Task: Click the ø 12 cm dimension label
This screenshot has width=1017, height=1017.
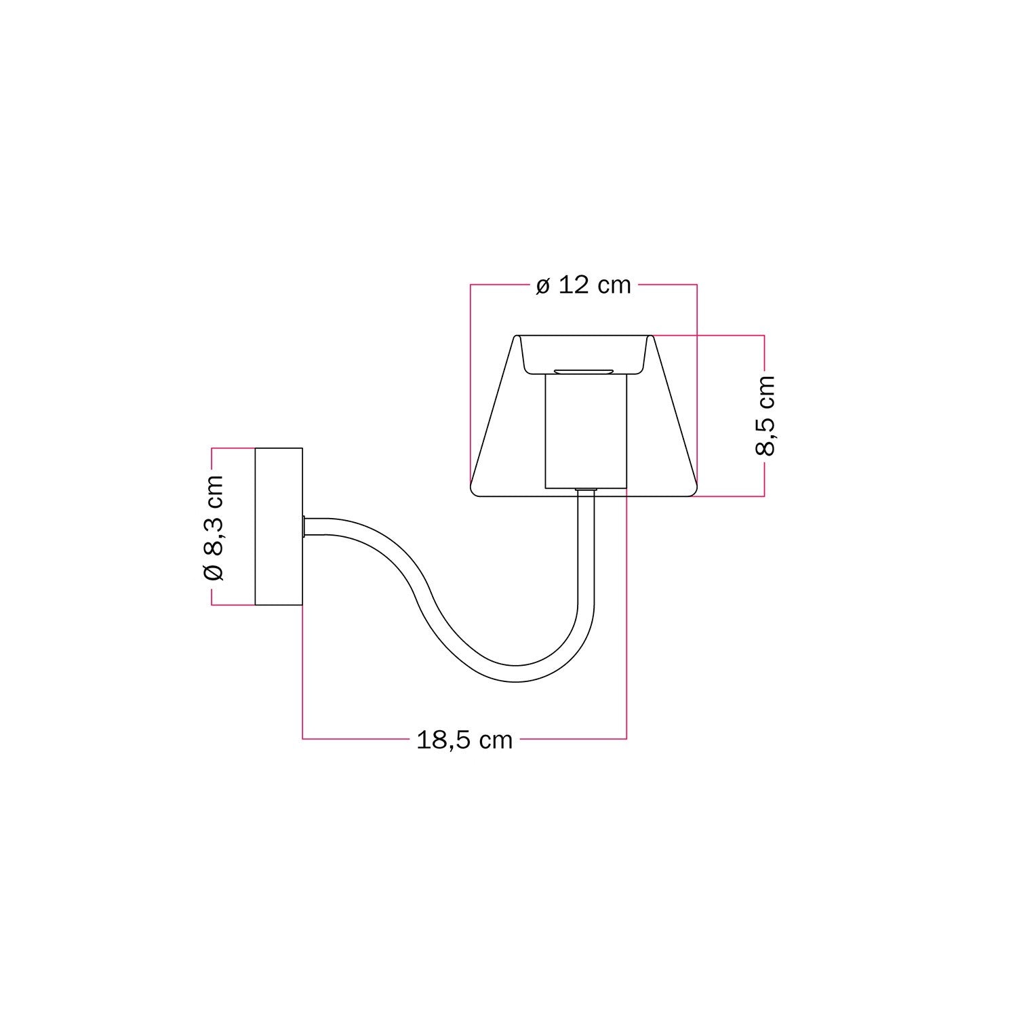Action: click(x=583, y=285)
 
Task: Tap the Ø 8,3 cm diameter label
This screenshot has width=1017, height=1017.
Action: click(x=213, y=527)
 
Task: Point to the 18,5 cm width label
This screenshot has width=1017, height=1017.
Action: click(x=464, y=740)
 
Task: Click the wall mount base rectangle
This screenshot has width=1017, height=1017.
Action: click(x=278, y=526)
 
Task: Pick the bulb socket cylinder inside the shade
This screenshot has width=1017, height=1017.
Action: click(x=586, y=432)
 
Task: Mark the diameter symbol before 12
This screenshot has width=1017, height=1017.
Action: click(x=542, y=286)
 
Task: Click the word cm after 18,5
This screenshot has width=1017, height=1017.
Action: click(x=496, y=740)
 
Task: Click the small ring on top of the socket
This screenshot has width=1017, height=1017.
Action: click(x=584, y=371)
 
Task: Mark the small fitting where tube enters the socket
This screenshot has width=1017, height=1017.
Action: click(x=586, y=490)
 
